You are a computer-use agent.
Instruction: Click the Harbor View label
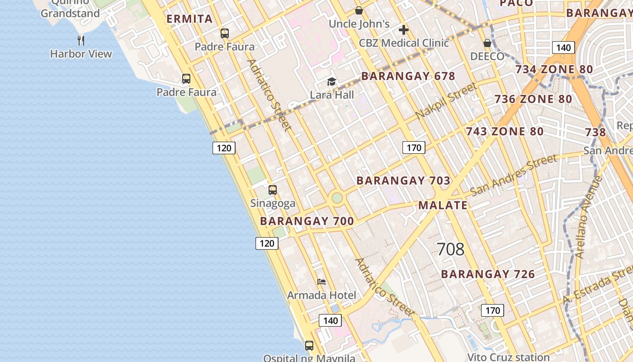[x=81, y=54]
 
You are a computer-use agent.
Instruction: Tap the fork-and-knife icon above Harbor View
[x=81, y=40]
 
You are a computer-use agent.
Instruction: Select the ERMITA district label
[x=189, y=19]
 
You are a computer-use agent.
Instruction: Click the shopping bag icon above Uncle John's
[x=359, y=10]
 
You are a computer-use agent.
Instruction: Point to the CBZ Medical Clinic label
[x=404, y=43]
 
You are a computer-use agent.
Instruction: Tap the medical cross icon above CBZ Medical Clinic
[x=404, y=30]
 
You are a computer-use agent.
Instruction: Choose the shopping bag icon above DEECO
[x=487, y=43]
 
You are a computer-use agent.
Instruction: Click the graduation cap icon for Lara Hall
[x=332, y=82]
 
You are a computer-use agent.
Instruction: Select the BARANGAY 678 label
[x=408, y=76]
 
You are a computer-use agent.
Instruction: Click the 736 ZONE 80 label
[x=533, y=99]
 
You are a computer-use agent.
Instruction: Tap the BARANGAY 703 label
[x=403, y=181]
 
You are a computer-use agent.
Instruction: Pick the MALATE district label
[x=443, y=205]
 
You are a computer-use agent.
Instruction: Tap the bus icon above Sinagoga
[x=273, y=190]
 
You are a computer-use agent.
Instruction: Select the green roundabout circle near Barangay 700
[x=337, y=198]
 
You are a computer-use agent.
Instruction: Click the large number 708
[x=451, y=249]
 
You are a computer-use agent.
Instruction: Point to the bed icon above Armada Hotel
[x=321, y=282]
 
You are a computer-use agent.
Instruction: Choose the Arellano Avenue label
[x=589, y=217]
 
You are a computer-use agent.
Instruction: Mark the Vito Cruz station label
[x=508, y=357]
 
